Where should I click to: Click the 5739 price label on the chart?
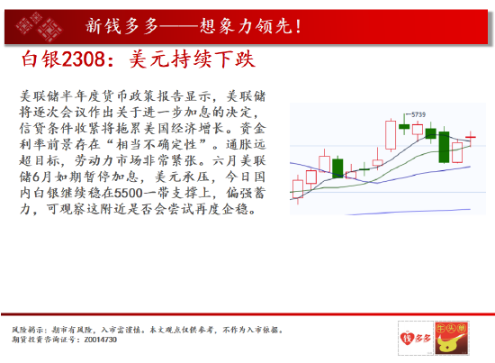[x=418, y=114]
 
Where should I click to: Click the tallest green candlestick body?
[x=444, y=147]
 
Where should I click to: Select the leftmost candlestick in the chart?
[x=298, y=189]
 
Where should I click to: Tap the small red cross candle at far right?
[x=471, y=137]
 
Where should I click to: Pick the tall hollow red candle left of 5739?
[x=391, y=135]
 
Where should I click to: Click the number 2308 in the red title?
[x=83, y=59]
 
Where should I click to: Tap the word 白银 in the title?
[x=41, y=59]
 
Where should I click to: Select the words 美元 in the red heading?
[x=150, y=59]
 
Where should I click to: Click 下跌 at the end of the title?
[x=234, y=59]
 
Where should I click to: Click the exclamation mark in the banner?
[x=298, y=26]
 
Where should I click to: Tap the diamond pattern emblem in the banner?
[x=39, y=26]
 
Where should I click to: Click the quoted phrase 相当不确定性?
[x=157, y=145]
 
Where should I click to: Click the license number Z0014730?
[x=101, y=340]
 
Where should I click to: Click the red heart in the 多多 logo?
[x=405, y=339]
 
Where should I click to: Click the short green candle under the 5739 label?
[x=404, y=126]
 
